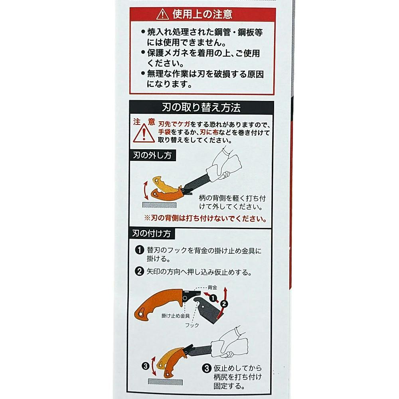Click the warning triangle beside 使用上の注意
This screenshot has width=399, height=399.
[163, 14]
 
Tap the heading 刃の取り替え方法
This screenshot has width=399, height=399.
[201, 107]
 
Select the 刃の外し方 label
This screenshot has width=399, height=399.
[152, 155]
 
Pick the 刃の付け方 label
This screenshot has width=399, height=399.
[152, 233]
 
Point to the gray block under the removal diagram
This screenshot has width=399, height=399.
[159, 205]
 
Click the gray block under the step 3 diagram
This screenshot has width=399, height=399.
[166, 381]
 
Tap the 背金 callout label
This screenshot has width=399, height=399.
[213, 288]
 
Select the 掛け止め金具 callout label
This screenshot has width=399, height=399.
[176, 316]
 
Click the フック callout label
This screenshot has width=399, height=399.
[192, 325]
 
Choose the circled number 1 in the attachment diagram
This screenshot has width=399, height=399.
[213, 298]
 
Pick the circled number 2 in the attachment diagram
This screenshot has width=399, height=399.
[224, 304]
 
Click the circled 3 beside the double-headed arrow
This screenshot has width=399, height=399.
[145, 366]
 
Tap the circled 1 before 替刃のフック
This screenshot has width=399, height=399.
[139, 250]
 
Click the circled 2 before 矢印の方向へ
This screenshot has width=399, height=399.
[139, 271]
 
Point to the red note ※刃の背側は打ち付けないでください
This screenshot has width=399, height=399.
[205, 218]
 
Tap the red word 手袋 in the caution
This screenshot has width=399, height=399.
[164, 132]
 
